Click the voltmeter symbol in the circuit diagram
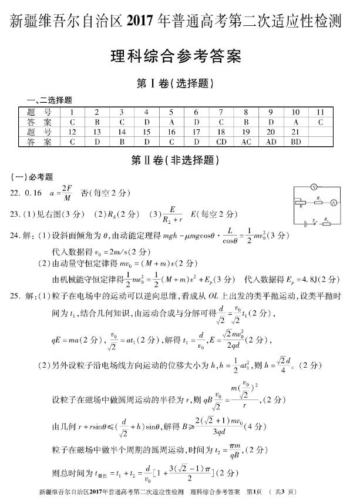pos(314,187)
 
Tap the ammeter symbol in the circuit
pos(333,202)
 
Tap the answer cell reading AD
pos(271,142)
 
